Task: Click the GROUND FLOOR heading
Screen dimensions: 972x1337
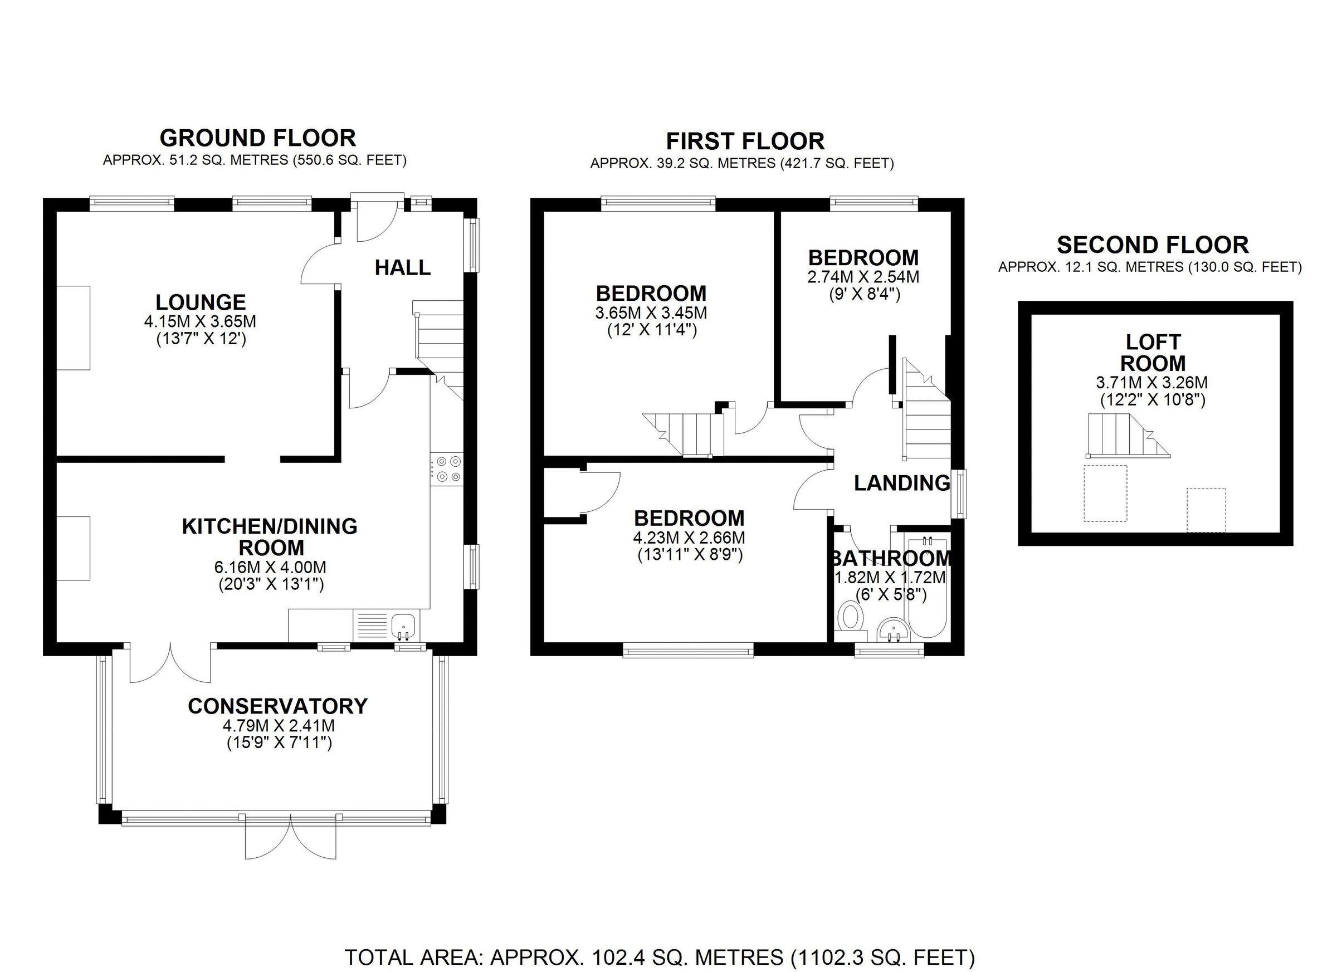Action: pyautogui.click(x=257, y=138)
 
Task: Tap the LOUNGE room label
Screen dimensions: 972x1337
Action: pyautogui.click(x=201, y=302)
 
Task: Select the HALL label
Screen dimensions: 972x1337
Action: pyautogui.click(x=403, y=267)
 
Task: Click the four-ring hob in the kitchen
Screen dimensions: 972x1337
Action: pyautogui.click(x=447, y=470)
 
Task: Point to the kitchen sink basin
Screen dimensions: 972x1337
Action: pyautogui.click(x=404, y=624)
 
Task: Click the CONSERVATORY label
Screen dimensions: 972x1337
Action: pyautogui.click(x=277, y=706)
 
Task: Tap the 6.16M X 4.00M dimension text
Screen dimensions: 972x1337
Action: pyautogui.click(x=270, y=568)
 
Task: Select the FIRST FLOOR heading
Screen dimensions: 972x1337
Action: pyautogui.click(x=745, y=141)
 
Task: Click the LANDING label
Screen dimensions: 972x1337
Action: pyautogui.click(x=902, y=483)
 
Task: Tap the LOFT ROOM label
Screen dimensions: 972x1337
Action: pyautogui.click(x=1153, y=353)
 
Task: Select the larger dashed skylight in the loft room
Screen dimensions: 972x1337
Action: pyautogui.click(x=1105, y=494)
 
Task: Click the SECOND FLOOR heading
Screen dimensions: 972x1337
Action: pyautogui.click(x=1153, y=245)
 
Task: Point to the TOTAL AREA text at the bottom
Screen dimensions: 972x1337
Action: pyautogui.click(x=659, y=956)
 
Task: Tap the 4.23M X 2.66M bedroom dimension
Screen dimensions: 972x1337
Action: pyautogui.click(x=689, y=538)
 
